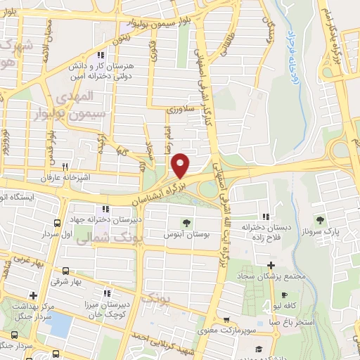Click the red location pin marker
181,165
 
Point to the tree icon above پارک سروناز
320,220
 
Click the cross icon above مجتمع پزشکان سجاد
271,266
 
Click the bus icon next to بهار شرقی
65,270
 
